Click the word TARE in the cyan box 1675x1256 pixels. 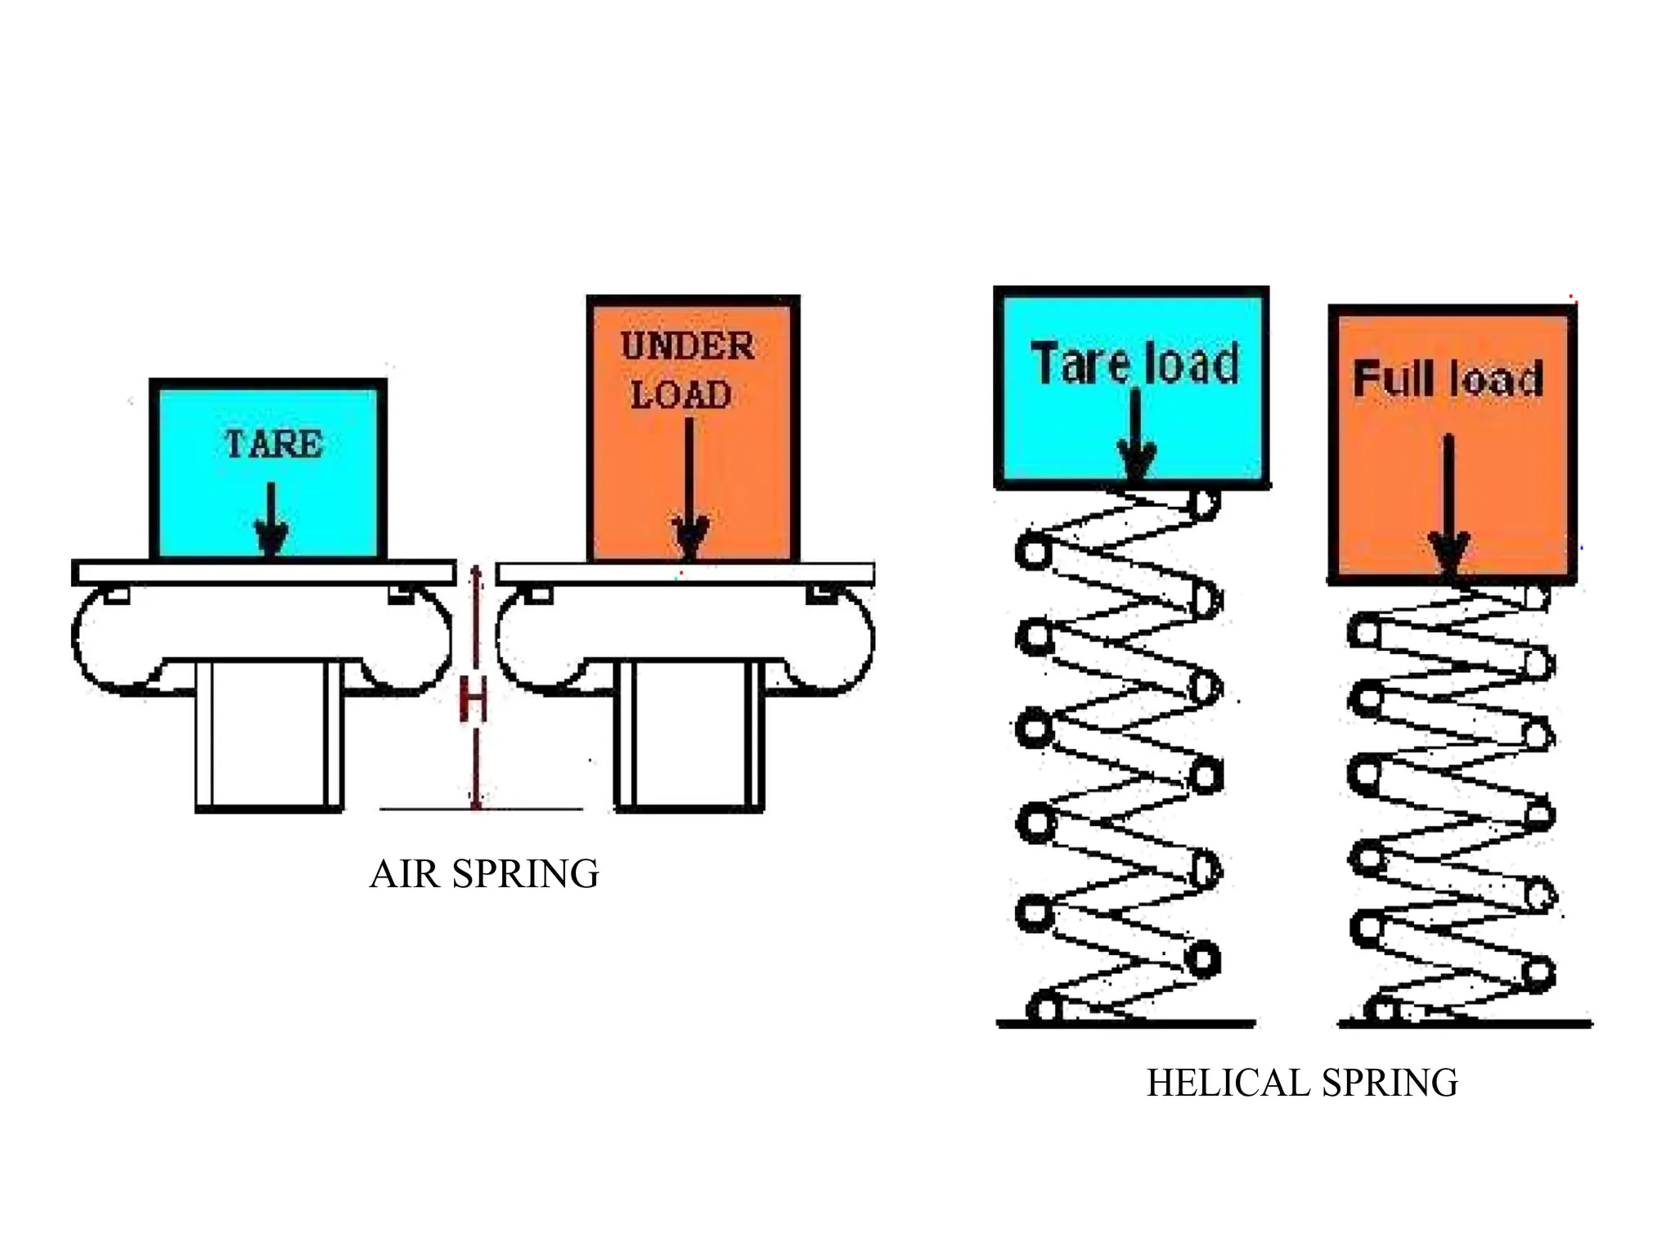274,444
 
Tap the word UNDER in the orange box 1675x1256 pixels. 687,346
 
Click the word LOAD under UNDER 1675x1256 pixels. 680,395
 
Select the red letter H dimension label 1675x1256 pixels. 474,701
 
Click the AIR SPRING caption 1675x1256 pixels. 484,873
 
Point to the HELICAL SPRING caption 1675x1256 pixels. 1302,1083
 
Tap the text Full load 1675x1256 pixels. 1448,379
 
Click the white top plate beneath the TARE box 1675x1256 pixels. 263,572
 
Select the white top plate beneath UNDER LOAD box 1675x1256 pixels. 685,574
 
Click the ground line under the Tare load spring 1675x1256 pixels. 1125,1023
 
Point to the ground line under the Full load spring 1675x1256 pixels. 1465,1023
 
